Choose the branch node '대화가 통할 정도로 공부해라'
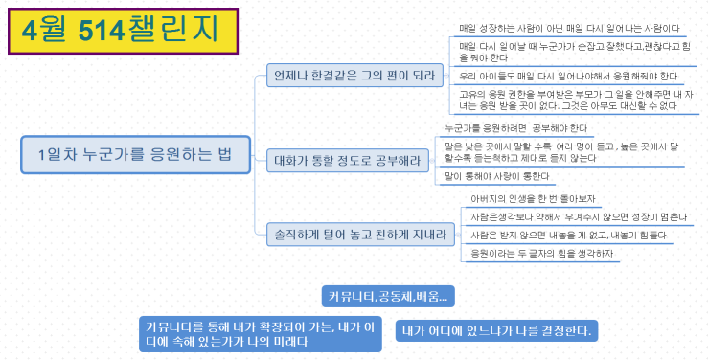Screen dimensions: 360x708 click(x=352, y=161)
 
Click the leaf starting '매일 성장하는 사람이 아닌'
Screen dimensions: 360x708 click(x=569, y=29)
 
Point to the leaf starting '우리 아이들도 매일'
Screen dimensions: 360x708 click(x=568, y=76)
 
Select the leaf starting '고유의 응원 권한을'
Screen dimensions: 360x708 click(x=575, y=100)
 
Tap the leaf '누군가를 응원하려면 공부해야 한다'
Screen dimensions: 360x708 click(x=516, y=127)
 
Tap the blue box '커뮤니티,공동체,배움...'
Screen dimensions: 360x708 click(x=387, y=295)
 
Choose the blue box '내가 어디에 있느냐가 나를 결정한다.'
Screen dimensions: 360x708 click(x=496, y=331)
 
